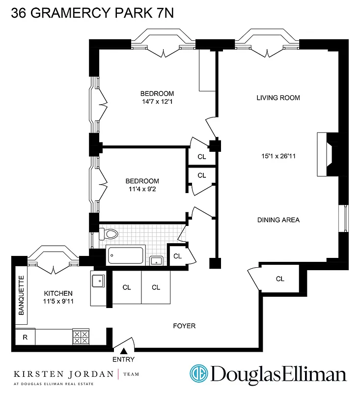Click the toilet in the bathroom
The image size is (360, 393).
click(109, 234)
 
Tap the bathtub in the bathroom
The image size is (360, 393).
click(125, 255)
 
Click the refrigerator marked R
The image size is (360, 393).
click(25, 337)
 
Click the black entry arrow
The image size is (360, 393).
click(124, 351)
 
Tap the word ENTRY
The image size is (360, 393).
click(123, 360)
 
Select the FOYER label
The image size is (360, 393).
click(185, 326)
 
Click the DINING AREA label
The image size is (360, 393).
click(278, 220)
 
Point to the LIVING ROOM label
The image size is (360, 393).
click(278, 98)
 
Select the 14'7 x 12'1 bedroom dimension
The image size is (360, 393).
click(157, 102)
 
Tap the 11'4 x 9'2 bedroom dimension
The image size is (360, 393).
click(142, 188)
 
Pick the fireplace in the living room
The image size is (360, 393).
click(325, 155)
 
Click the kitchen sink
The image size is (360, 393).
click(97, 281)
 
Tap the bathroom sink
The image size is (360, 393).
click(157, 260)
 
